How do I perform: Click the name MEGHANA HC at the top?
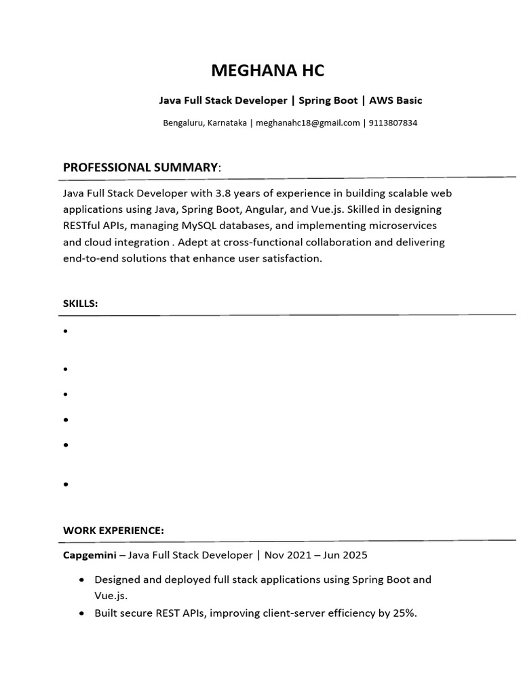(x=268, y=70)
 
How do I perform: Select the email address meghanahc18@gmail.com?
(x=307, y=123)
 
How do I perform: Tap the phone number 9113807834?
(x=393, y=123)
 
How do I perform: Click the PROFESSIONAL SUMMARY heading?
(x=140, y=167)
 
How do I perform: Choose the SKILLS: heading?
(x=81, y=304)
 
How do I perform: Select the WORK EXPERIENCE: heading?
(x=113, y=530)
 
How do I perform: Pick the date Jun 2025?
(x=343, y=555)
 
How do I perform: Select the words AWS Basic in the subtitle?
(x=395, y=100)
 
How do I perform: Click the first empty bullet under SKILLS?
(x=66, y=332)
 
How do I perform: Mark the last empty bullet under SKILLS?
(x=66, y=485)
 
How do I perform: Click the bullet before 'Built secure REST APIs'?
(x=82, y=613)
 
